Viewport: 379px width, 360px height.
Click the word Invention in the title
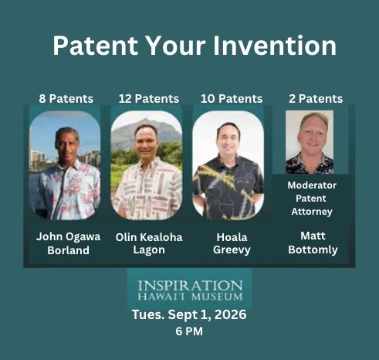click(275, 46)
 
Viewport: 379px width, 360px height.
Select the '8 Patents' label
click(66, 99)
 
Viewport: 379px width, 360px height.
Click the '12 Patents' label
click(149, 99)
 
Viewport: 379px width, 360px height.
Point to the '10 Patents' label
click(232, 99)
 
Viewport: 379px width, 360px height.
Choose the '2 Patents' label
click(316, 99)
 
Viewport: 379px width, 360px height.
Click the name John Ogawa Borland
click(68, 243)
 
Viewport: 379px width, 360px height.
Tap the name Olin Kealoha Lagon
click(149, 243)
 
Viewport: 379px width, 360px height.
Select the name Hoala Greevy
click(232, 243)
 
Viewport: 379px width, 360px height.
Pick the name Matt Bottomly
click(313, 243)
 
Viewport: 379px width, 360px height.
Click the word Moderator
click(312, 185)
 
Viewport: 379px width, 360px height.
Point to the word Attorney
click(312, 212)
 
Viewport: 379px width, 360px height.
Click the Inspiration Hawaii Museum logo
click(190, 290)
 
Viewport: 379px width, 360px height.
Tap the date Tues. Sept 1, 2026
click(189, 314)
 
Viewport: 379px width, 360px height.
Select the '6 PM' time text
click(189, 331)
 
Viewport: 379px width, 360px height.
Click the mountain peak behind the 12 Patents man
click(146, 120)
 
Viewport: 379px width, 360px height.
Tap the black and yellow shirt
click(228, 187)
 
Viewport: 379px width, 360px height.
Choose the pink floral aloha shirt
click(67, 189)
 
